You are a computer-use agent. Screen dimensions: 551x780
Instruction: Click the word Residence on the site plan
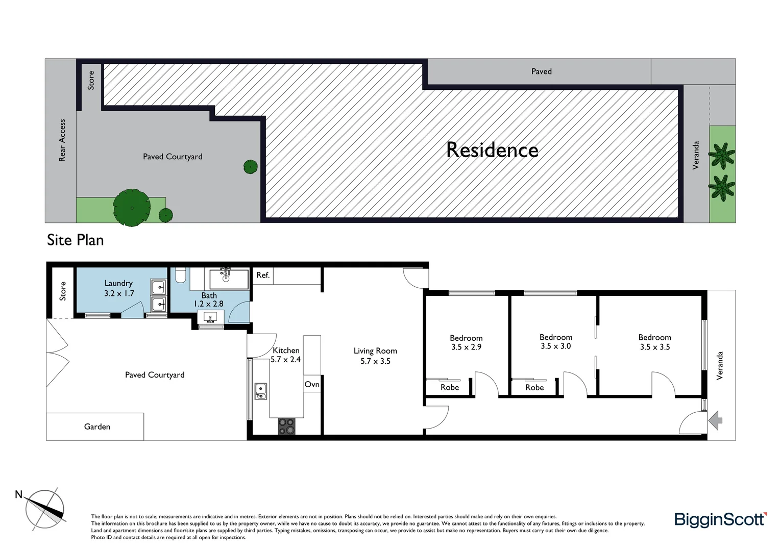(492, 150)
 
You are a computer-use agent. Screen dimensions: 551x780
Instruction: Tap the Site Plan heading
(75, 240)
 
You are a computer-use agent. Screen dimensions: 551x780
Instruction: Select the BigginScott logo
(720, 519)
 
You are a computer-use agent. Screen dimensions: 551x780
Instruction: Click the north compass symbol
(45, 510)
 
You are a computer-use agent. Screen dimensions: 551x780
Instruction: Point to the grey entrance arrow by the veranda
(716, 420)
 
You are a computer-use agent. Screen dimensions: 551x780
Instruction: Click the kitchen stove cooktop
(286, 426)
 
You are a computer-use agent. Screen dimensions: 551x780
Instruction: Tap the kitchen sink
(261, 391)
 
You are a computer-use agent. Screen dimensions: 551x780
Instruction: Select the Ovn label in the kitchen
(312, 384)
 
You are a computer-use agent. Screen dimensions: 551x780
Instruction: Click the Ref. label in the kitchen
(263, 275)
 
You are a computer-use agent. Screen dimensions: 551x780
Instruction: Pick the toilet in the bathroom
(180, 276)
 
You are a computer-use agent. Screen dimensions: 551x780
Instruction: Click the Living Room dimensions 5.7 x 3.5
(375, 361)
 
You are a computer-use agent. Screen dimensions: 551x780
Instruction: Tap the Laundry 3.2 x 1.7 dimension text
(119, 293)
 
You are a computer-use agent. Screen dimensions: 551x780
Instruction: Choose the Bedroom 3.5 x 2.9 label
(466, 342)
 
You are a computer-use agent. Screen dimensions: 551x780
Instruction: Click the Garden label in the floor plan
(97, 427)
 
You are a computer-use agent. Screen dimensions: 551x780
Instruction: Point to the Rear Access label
(62, 140)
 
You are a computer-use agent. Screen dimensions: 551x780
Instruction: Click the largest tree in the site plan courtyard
(132, 208)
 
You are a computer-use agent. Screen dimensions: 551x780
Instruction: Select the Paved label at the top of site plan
(541, 71)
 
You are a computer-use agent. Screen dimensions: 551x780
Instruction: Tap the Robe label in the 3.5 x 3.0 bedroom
(534, 387)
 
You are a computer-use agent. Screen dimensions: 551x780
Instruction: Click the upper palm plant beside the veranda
(722, 156)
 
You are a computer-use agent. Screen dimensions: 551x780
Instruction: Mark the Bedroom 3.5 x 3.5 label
(654, 342)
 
